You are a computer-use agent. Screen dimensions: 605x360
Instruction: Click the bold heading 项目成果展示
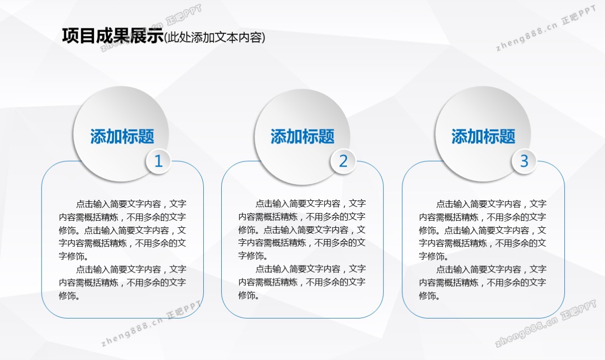(x=113, y=36)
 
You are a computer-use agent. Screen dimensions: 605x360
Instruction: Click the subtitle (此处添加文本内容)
(x=215, y=37)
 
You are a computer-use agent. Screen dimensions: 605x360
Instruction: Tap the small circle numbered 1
(x=158, y=161)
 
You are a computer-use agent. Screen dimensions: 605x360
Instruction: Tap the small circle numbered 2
(x=343, y=161)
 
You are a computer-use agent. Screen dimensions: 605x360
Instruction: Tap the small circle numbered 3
(x=524, y=161)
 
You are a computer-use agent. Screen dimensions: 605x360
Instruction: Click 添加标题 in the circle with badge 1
(x=122, y=136)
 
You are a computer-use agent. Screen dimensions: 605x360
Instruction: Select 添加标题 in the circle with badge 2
(x=302, y=136)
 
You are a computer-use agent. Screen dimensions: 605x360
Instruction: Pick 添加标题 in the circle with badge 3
(x=483, y=136)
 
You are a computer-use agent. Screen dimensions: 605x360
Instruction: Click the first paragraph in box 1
(x=122, y=230)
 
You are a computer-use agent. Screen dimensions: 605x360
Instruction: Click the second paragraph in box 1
(x=122, y=282)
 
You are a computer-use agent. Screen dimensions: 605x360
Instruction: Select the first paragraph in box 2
(x=302, y=230)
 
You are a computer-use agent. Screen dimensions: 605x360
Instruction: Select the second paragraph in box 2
(x=302, y=282)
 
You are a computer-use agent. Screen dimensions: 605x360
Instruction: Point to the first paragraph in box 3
(x=483, y=230)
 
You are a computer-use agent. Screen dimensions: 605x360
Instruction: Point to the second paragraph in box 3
(x=483, y=282)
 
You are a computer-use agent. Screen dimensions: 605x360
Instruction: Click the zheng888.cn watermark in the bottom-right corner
(x=545, y=323)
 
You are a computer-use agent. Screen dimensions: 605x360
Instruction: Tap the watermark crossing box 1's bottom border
(x=151, y=323)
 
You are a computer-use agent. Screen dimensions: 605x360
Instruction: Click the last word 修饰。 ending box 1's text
(x=69, y=296)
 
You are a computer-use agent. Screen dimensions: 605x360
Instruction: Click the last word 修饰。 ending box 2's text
(x=249, y=295)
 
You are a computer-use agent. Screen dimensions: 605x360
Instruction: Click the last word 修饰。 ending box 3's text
(x=430, y=296)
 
